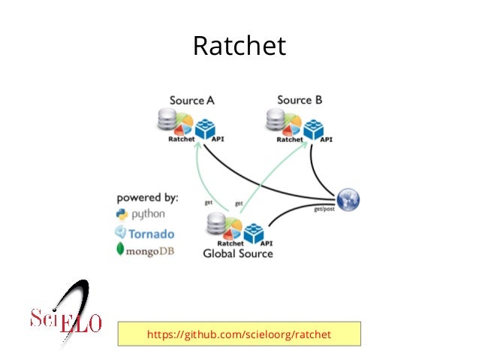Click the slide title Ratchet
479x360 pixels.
tap(239, 46)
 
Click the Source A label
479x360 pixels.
tap(192, 101)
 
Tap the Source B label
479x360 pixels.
tap(300, 100)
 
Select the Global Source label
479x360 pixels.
tap(238, 254)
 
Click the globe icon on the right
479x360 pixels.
tap(348, 199)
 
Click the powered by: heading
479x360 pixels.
tap(147, 198)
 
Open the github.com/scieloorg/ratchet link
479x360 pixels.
tap(239, 333)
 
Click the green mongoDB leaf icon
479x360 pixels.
tap(120, 250)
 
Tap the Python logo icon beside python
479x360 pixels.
tap(121, 214)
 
